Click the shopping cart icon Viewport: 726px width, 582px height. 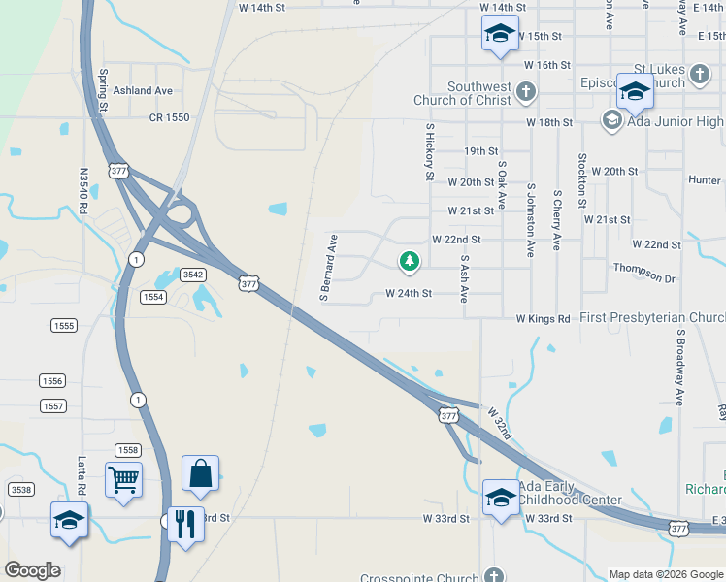pos(124,478)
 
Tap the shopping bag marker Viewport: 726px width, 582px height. pos(200,473)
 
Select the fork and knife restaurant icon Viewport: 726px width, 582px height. pos(184,524)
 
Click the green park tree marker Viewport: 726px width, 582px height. pos(410,261)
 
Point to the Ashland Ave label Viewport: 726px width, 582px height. pos(143,90)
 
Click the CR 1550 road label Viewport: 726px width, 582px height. pos(169,116)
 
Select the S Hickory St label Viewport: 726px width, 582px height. pos(429,152)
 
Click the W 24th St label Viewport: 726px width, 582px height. pos(408,293)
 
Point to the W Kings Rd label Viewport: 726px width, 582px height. pos(543,318)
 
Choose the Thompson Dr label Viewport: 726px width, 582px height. pos(643,272)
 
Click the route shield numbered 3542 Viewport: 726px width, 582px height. pos(193,275)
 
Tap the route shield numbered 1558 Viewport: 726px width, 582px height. pos(127,449)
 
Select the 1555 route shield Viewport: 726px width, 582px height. pos(65,326)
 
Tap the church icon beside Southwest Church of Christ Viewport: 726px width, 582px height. pos(525,92)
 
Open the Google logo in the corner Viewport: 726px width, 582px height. pos(32,570)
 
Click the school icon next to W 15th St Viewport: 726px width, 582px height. pos(500,34)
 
